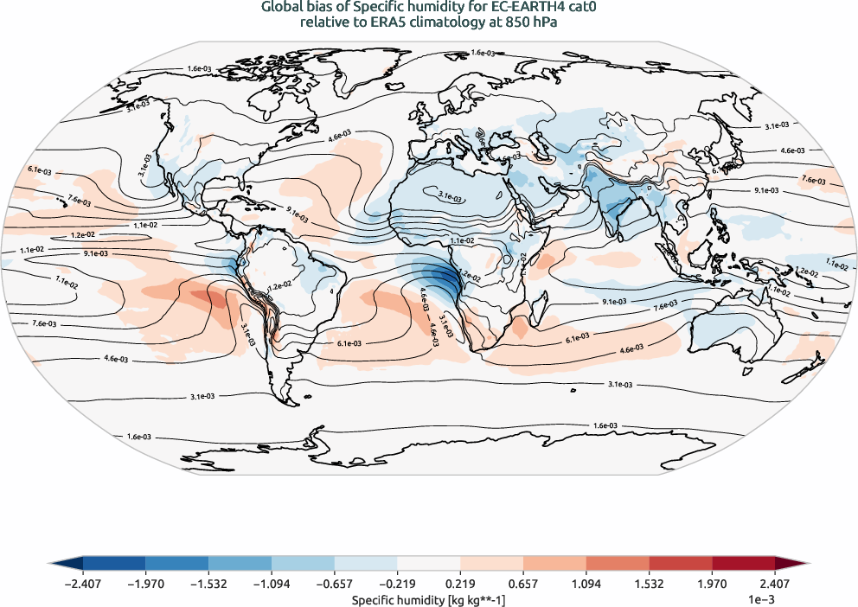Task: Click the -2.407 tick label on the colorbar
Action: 83,584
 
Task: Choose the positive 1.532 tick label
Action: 649,584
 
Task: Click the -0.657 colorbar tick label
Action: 335,584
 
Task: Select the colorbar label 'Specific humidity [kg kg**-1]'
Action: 428,598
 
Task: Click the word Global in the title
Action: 283,8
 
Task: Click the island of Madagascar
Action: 520,329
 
